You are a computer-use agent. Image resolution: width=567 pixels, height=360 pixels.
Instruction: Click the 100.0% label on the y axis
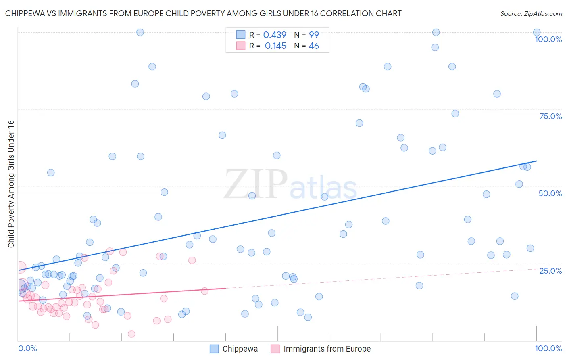pyautogui.click(x=548, y=39)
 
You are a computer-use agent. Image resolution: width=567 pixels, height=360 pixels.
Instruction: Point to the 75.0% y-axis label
pyautogui.click(x=550, y=116)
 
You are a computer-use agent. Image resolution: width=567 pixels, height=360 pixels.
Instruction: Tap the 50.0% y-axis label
pyautogui.click(x=550, y=193)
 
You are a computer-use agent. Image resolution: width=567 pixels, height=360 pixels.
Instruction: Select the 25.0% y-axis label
pyautogui.click(x=550, y=271)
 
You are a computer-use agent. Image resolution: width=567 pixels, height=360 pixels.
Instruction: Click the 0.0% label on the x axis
pyautogui.click(x=27, y=348)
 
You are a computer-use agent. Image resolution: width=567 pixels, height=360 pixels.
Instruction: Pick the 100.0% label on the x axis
pyautogui.click(x=548, y=348)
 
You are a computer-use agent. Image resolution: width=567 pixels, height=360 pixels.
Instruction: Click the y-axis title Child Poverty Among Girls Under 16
pyautogui.click(x=11, y=184)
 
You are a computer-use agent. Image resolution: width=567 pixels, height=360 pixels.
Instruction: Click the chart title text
pyautogui.click(x=203, y=13)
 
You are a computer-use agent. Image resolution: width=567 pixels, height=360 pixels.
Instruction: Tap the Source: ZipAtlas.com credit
pyautogui.click(x=531, y=13)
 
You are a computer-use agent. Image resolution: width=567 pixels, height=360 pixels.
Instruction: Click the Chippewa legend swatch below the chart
pyautogui.click(x=214, y=349)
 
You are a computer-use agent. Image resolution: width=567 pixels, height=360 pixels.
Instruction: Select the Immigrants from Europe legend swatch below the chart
pyautogui.click(x=275, y=349)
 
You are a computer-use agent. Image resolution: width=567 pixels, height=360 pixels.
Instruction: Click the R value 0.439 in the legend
pyautogui.click(x=275, y=35)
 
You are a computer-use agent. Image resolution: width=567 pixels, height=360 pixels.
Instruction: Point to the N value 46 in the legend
pyautogui.click(x=314, y=46)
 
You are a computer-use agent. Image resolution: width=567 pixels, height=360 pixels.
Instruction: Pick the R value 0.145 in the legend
pyautogui.click(x=275, y=46)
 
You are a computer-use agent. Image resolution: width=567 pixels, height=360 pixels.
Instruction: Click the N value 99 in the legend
pyautogui.click(x=314, y=35)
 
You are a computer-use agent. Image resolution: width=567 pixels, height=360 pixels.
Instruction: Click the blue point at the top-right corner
pyautogui.click(x=536, y=32)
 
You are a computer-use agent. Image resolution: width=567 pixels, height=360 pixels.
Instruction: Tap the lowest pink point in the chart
pyautogui.click(x=131, y=334)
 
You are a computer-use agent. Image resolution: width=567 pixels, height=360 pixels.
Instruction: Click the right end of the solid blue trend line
pyautogui.click(x=536, y=161)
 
